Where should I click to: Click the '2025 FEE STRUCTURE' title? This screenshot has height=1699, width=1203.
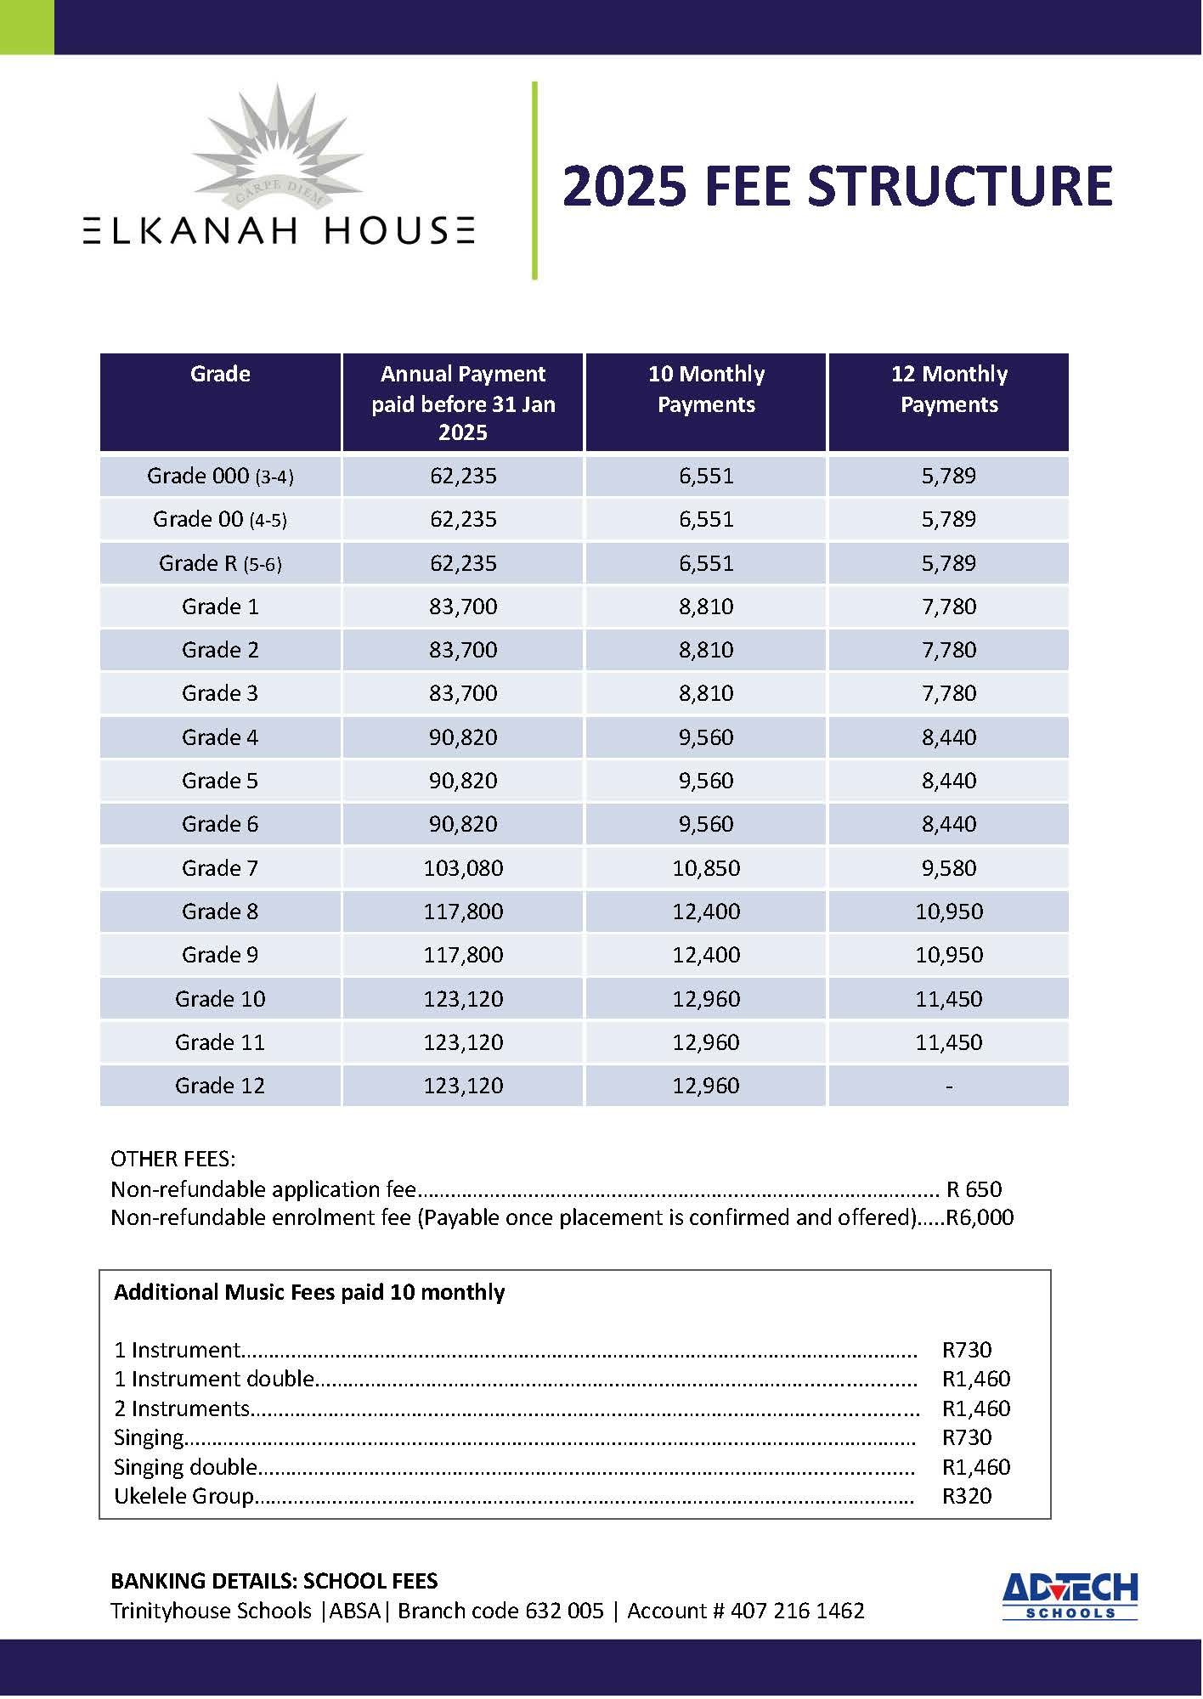click(x=837, y=186)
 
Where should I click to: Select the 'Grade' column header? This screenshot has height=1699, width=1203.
click(x=220, y=375)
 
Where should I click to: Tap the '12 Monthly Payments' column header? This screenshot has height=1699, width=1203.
click(x=948, y=389)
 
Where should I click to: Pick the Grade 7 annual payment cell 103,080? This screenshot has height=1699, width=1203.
click(x=463, y=868)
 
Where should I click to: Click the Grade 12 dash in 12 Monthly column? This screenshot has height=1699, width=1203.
click(x=948, y=1087)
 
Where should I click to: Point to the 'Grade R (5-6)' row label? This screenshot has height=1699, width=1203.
click(x=220, y=563)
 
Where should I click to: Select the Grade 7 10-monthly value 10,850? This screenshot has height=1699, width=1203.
click(x=706, y=868)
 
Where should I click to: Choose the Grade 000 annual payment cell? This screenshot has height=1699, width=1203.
click(x=463, y=476)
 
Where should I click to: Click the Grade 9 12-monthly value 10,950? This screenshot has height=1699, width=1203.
click(x=948, y=955)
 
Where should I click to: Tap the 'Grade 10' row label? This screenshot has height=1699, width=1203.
click(x=220, y=999)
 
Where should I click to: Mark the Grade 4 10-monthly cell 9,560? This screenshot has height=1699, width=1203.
click(x=706, y=737)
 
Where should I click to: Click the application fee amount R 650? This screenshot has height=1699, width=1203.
click(x=974, y=1189)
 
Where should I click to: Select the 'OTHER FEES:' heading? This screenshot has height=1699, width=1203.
click(x=173, y=1159)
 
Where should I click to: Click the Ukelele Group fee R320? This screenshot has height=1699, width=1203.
click(x=967, y=1496)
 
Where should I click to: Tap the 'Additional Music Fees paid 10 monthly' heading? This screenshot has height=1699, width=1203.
click(x=309, y=1292)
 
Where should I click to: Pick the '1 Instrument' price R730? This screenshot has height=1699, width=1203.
click(x=967, y=1350)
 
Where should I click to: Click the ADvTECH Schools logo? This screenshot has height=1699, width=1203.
click(x=1070, y=1596)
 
